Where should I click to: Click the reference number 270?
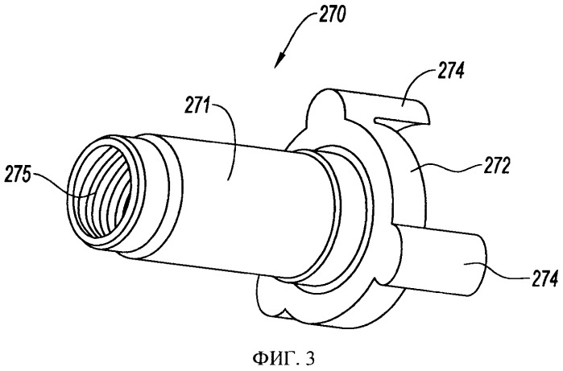(x=331, y=16)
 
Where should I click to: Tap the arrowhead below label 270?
(x=279, y=60)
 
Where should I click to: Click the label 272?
(x=496, y=166)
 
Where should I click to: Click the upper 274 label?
(x=450, y=72)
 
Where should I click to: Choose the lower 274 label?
(x=544, y=278)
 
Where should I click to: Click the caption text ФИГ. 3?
(x=284, y=358)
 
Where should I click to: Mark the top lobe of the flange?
(x=325, y=103)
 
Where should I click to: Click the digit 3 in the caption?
(x=311, y=359)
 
